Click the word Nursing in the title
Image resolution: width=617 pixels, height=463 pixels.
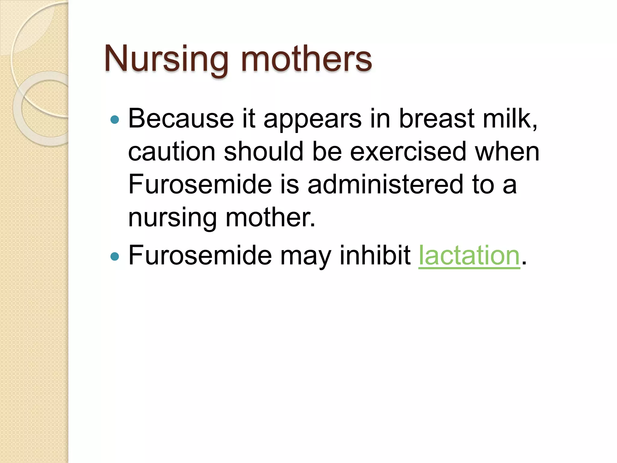(x=166, y=59)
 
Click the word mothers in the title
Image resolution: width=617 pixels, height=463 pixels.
(x=306, y=59)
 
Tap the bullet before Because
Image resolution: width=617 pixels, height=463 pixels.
(x=115, y=120)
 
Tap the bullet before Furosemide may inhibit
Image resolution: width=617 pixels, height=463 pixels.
(x=115, y=257)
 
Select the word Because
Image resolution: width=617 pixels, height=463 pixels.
(x=181, y=119)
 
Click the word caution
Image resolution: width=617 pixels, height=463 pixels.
(x=171, y=152)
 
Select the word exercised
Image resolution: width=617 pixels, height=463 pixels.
(x=408, y=152)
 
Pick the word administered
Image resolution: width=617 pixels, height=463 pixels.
(x=385, y=184)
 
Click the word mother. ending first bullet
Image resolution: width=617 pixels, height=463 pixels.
(x=270, y=217)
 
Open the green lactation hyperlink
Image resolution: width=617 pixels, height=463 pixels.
(x=469, y=256)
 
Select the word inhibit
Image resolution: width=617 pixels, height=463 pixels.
(x=375, y=256)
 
